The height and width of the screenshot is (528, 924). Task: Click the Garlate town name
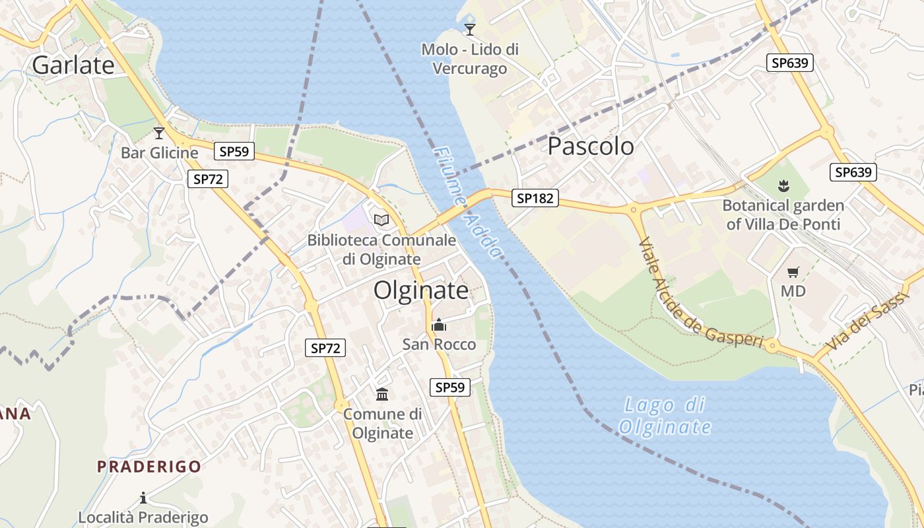point(73,65)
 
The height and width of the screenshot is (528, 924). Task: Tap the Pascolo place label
point(591,147)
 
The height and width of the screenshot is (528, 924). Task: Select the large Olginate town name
point(421,290)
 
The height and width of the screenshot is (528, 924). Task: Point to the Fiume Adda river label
point(467,202)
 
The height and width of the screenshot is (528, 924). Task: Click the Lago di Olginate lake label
point(665,416)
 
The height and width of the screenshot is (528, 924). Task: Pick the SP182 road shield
point(535,198)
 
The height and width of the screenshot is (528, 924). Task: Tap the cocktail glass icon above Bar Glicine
point(158,133)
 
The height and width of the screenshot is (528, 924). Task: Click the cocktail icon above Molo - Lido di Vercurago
point(470,30)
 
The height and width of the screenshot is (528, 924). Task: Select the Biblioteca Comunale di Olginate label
point(381,249)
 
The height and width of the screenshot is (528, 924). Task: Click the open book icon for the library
point(381,220)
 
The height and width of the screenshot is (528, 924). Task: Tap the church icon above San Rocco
point(439,325)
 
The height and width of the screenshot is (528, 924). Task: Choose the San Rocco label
point(439,344)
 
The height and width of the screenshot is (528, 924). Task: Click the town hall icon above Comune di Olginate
point(382,395)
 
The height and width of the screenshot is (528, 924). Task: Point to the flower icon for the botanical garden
point(783,186)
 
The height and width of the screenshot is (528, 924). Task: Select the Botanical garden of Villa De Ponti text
point(783,214)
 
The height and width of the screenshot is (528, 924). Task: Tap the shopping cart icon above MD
point(793,272)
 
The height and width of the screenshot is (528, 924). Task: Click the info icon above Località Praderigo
point(143,498)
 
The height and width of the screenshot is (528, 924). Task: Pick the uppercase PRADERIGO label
point(149,467)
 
